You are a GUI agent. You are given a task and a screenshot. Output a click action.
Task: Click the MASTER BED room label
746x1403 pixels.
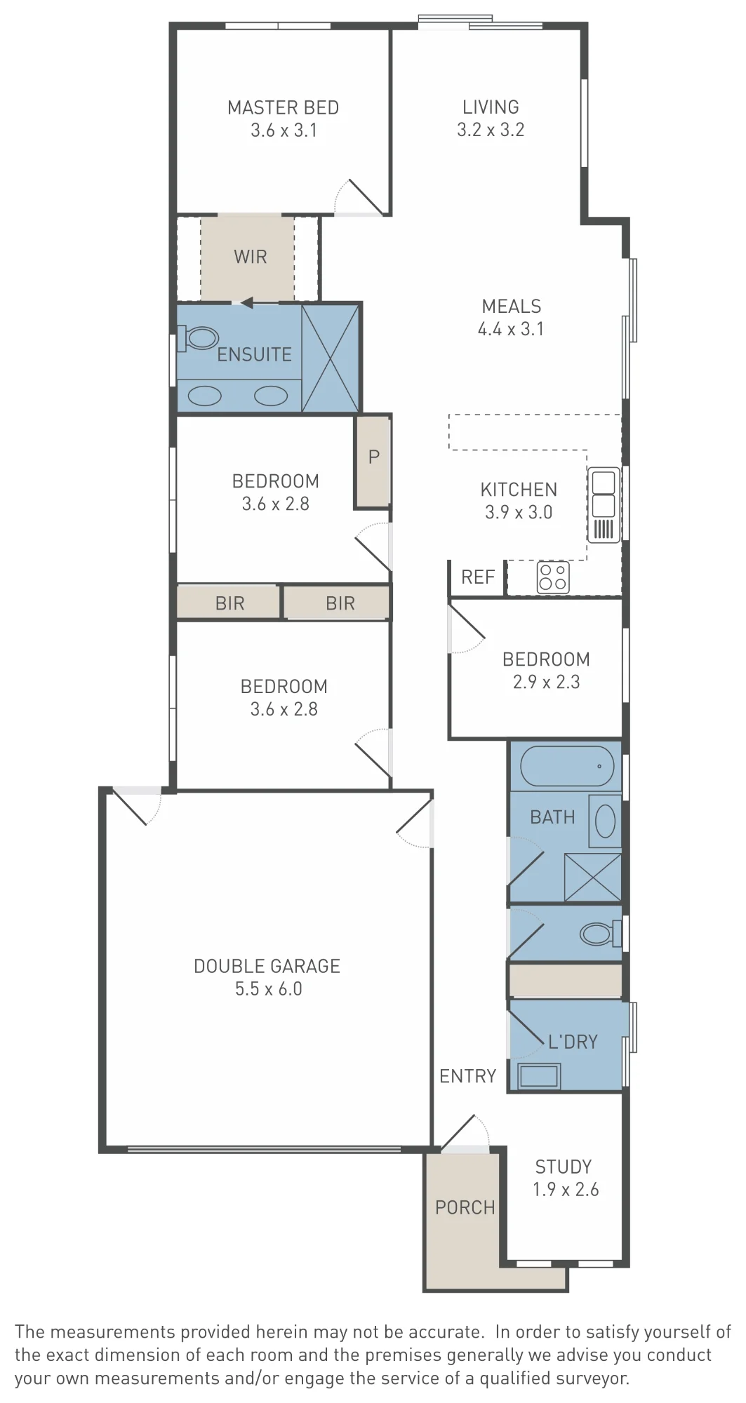(283, 107)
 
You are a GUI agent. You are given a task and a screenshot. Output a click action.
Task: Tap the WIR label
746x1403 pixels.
(251, 257)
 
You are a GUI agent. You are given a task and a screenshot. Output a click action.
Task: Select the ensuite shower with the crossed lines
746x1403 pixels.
(330, 357)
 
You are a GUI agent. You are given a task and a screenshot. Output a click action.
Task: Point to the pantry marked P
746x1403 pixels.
(373, 460)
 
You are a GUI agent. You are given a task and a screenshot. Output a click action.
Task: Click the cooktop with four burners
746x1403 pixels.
(552, 577)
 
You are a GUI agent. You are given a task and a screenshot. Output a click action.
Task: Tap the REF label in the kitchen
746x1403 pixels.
(478, 577)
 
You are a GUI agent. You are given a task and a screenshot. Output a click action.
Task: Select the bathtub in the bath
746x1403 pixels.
(567, 766)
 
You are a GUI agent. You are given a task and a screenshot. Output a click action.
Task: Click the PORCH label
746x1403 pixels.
(465, 1207)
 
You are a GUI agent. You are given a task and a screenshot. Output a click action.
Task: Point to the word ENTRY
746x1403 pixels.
(467, 1076)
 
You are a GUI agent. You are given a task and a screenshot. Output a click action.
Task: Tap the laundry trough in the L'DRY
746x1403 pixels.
(539, 1075)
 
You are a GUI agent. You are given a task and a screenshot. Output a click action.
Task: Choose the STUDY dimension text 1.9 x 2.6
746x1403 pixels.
(566, 1189)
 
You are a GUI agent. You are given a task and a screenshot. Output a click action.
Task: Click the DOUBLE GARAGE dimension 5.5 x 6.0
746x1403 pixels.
(268, 988)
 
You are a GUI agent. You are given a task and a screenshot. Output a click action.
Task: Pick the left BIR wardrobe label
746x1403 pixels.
(229, 603)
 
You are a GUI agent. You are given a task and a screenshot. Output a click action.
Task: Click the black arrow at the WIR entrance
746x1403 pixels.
(246, 303)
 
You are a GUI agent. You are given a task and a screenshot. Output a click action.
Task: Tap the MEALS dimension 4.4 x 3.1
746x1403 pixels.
(511, 328)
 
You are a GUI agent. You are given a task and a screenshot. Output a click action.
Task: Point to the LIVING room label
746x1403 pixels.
(491, 107)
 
